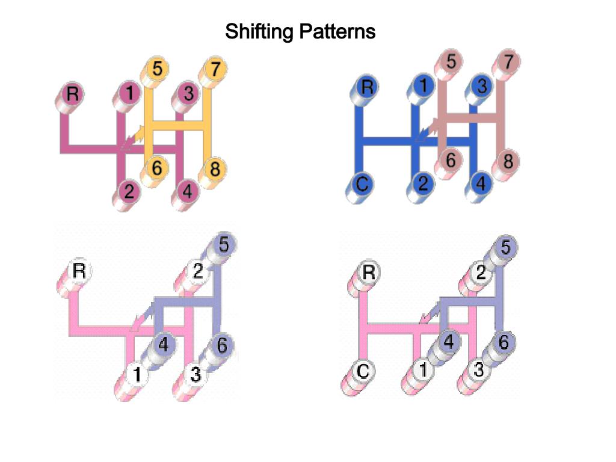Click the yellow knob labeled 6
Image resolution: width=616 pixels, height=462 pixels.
tap(156, 168)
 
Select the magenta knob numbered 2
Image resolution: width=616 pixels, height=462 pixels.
tap(129, 192)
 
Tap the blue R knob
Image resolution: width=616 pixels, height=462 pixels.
tap(367, 87)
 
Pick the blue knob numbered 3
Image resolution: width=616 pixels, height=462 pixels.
tap(481, 86)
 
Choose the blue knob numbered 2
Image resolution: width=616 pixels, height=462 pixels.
tap(423, 183)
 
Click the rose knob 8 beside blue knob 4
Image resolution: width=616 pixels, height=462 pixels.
tap(508, 161)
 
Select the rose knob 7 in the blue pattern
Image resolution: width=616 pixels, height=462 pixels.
tap(508, 61)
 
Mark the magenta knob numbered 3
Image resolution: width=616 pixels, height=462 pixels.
tap(189, 93)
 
